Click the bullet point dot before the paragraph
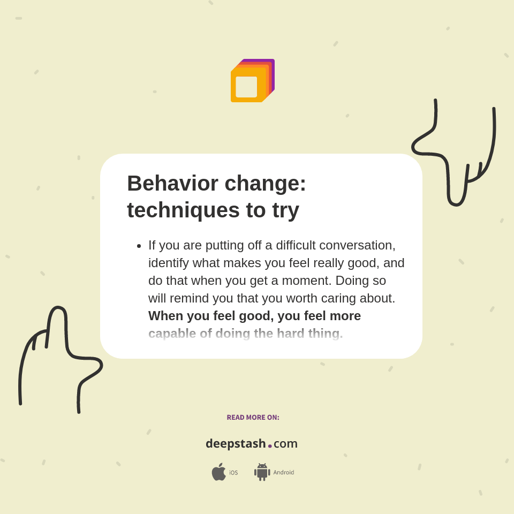[139, 246]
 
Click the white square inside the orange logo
[246, 87]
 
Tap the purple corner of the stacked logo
[273, 62]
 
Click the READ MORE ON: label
[253, 418]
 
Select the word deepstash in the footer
[236, 443]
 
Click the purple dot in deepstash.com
[270, 445]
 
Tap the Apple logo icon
[218, 472]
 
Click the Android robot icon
[262, 472]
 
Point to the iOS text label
[233, 473]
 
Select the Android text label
[284, 473]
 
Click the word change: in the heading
[266, 184]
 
